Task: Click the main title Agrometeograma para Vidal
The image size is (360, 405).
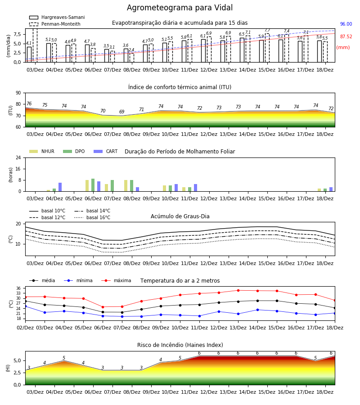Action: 180,8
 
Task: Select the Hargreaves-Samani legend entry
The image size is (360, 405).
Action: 57,17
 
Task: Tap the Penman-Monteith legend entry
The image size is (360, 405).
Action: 55,24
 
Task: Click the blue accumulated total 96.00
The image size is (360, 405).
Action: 346,24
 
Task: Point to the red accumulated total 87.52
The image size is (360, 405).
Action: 346,37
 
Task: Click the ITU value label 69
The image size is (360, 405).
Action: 121,112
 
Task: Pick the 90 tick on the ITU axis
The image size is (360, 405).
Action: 18,93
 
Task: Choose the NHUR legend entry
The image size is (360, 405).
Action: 42,151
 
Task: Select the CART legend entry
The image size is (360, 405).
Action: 106,151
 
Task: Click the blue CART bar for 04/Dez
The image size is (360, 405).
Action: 60,187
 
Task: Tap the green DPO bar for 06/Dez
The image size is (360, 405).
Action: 93,185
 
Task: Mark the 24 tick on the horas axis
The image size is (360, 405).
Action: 18,157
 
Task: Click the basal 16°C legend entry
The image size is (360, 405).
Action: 92,217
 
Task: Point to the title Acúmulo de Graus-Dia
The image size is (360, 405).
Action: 180,216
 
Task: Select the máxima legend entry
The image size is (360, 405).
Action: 117,280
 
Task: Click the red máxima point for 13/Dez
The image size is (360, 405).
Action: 238,291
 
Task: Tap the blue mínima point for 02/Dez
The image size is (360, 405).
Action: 25,306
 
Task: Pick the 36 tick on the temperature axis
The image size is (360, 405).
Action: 18,288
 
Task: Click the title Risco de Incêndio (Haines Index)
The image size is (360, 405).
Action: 180,345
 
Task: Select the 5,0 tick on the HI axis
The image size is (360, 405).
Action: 18,360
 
